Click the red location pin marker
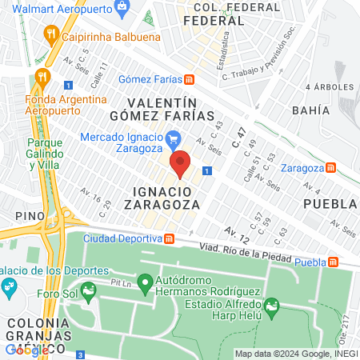click(180, 163)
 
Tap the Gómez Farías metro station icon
click(189, 79)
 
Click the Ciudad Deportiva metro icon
click(170, 239)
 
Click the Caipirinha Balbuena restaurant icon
click(50, 35)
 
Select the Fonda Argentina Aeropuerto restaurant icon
click(42, 78)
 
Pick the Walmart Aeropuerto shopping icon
click(122, 10)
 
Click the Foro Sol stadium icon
click(89, 289)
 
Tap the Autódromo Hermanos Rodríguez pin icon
click(145, 282)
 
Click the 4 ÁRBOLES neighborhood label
click(328, 86)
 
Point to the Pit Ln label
click(121, 282)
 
